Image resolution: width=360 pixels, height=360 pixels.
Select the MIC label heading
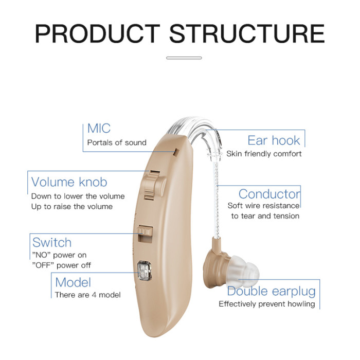[x=99, y=128]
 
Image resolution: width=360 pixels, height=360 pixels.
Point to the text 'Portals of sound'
[x=117, y=142]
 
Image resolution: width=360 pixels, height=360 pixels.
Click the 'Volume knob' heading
[x=69, y=182]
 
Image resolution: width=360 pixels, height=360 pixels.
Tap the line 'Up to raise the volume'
[x=71, y=206]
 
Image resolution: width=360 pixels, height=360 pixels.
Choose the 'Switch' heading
[x=51, y=242]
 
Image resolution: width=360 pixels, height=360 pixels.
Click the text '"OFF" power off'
[x=62, y=265]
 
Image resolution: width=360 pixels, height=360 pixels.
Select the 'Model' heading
[x=73, y=282]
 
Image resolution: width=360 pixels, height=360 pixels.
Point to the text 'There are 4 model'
[x=88, y=295]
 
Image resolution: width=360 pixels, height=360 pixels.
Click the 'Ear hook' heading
[x=274, y=140]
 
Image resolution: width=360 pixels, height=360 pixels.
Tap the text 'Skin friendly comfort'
[x=264, y=154]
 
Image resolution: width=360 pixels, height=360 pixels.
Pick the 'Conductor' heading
[x=269, y=194]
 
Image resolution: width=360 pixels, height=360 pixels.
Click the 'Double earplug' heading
[x=271, y=291]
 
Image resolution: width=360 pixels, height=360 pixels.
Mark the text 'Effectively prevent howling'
[x=266, y=304]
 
